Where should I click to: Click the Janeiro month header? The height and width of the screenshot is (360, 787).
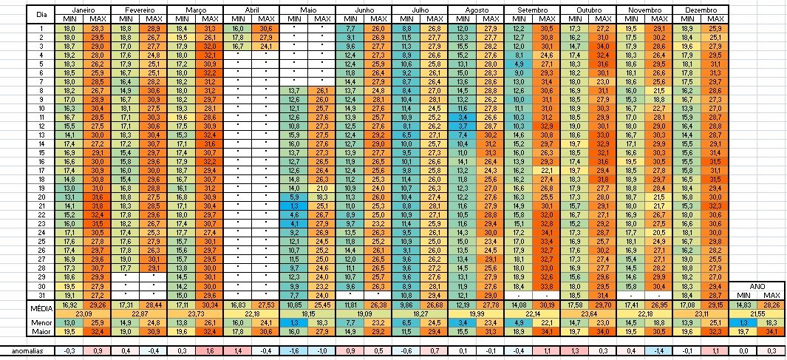(x=83, y=10)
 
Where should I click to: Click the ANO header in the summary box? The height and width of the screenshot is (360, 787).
(x=756, y=285)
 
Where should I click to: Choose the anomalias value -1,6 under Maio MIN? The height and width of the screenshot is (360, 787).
(x=293, y=350)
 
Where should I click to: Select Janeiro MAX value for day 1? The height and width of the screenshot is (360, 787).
(x=97, y=27)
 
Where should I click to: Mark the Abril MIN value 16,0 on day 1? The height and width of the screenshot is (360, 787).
(x=237, y=27)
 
